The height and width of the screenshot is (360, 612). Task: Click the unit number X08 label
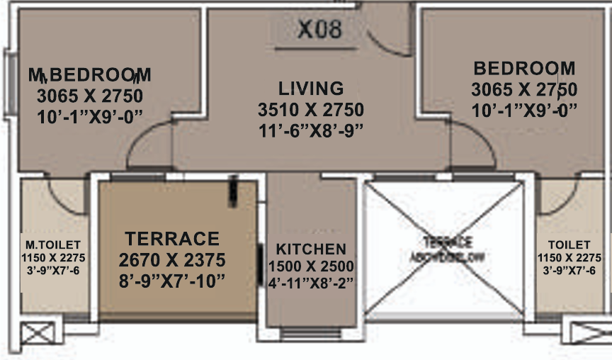(319, 29)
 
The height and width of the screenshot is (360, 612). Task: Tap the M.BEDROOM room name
(89, 74)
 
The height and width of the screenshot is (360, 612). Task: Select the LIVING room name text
(311, 89)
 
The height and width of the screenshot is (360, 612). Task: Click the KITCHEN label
(311, 249)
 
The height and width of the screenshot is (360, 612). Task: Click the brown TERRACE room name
(172, 238)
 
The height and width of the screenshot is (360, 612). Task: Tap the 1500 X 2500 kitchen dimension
(311, 266)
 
